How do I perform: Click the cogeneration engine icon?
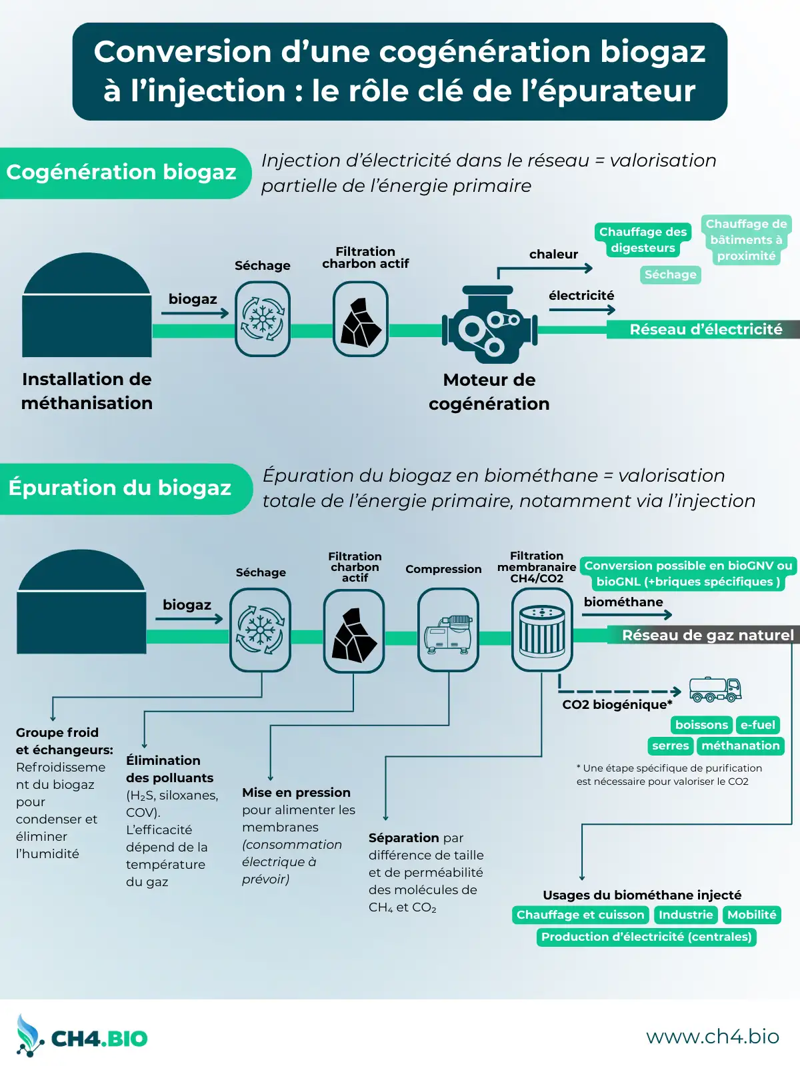click(x=489, y=325)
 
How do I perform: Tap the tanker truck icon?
click(x=715, y=690)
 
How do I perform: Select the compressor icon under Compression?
click(x=448, y=630)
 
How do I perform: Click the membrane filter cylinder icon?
click(x=542, y=630)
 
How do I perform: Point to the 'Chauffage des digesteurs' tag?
click(x=643, y=240)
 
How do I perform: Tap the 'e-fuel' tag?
click(x=758, y=725)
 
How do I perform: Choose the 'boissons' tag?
click(x=701, y=725)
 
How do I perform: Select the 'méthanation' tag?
click(x=740, y=746)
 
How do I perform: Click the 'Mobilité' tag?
click(x=752, y=915)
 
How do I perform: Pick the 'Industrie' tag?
click(x=686, y=915)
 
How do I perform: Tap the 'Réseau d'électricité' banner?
click(x=705, y=329)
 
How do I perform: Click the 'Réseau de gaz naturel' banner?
click(x=707, y=635)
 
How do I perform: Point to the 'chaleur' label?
click(x=553, y=254)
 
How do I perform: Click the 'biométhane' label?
click(x=623, y=602)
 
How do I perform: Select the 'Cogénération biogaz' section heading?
click(x=122, y=173)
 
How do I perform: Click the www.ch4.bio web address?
click(x=712, y=1036)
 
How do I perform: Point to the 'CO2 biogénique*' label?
click(x=617, y=704)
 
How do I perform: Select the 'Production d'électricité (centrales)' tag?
click(x=646, y=937)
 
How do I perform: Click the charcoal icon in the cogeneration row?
click(x=361, y=320)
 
